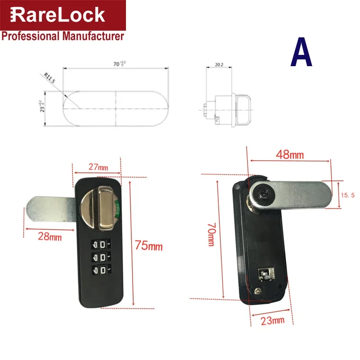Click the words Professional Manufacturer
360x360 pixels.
point(63,36)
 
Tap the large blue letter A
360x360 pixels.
point(301,53)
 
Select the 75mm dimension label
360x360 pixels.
point(148,246)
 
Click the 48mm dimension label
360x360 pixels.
point(290,155)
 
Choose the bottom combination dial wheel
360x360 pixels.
point(99,270)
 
